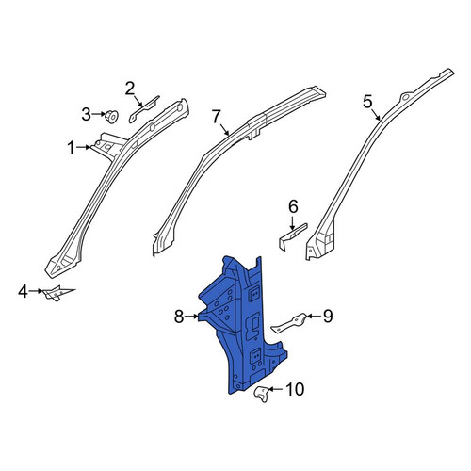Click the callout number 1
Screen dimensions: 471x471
(x=72, y=148)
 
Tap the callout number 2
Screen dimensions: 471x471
(x=130, y=89)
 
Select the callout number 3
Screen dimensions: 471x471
(x=87, y=115)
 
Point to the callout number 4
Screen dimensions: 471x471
(x=23, y=292)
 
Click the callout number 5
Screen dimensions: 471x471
(x=367, y=102)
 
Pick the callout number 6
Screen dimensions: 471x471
(x=293, y=207)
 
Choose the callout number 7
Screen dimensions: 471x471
(x=217, y=117)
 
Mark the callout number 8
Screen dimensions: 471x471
(x=179, y=317)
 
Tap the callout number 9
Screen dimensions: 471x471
(x=328, y=317)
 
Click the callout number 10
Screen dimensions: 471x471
(x=295, y=389)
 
